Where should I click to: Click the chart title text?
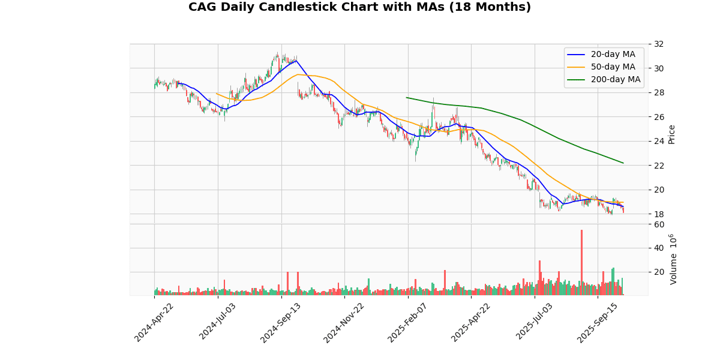click(359, 7)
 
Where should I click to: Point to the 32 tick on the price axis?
click(659, 44)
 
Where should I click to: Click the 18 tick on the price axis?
click(659, 214)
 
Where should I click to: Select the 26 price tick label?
click(659, 116)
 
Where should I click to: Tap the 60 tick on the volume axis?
click(659, 224)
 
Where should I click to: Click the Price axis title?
click(671, 134)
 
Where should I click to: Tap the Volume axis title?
click(673, 259)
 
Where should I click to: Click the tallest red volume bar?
click(581, 262)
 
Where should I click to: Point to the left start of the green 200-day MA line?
click(407, 97)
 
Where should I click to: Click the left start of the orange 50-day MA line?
click(217, 94)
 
